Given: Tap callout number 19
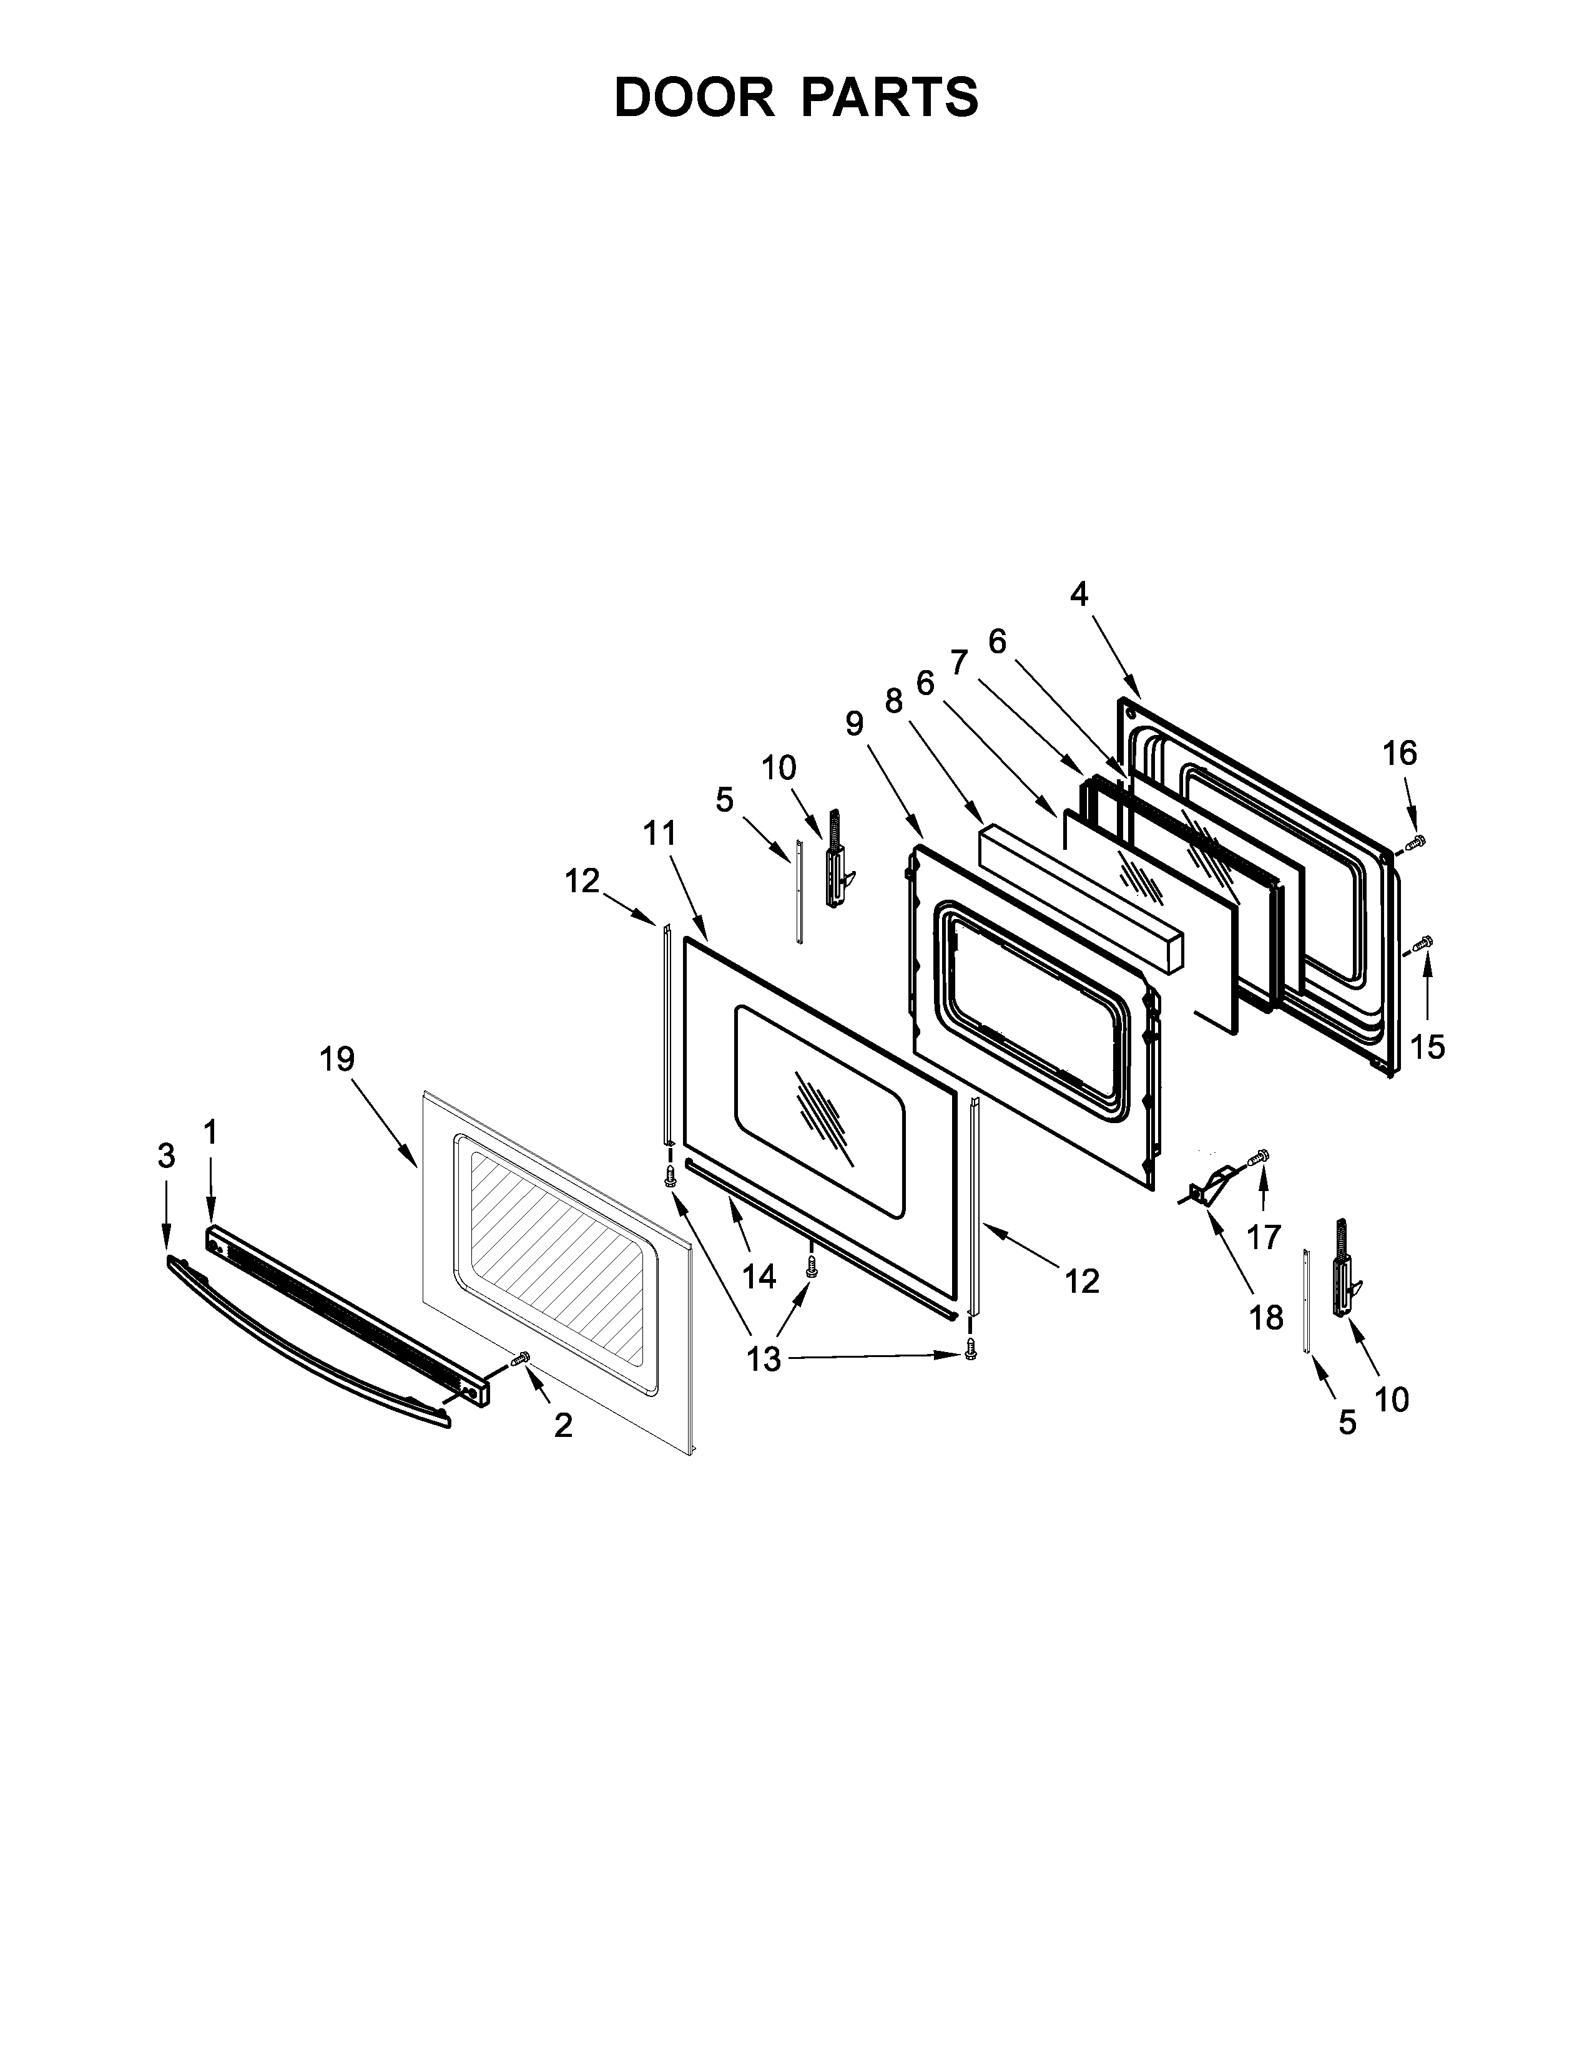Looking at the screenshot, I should click(x=337, y=1059).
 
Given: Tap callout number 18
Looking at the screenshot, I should click(x=1267, y=1317).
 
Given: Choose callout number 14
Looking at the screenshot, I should click(x=759, y=1277).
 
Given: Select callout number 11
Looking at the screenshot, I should click(x=660, y=834).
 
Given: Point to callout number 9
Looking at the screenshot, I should click(x=855, y=723).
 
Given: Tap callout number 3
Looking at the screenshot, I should click(x=166, y=1156).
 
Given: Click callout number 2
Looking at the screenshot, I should click(x=563, y=1426).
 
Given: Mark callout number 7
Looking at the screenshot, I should click(x=959, y=663).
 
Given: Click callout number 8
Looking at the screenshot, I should click(x=894, y=701).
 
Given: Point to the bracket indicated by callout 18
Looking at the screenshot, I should click(x=1210, y=1185).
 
